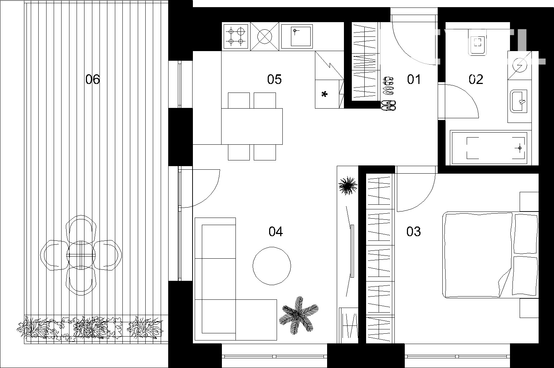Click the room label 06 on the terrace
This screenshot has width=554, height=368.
tap(92, 79)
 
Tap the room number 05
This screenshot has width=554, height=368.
tap(274, 79)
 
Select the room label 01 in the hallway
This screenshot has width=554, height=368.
tap(414, 79)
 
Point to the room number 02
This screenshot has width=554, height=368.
tap(476, 79)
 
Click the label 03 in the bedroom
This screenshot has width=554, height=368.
tap(413, 232)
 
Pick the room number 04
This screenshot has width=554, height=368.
tap(276, 232)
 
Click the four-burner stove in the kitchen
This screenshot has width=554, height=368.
tap(236, 36)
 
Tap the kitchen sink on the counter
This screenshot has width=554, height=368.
tap(297, 36)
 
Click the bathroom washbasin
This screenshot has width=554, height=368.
tap(519, 101)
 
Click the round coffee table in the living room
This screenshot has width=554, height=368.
tap(272, 266)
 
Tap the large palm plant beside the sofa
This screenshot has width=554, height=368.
tap(298, 315)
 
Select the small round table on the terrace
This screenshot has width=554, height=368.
tap(81, 255)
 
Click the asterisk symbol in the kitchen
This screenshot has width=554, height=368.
tap(324, 94)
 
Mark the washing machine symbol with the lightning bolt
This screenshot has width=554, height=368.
tap(520, 65)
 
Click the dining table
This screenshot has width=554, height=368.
tap(252, 126)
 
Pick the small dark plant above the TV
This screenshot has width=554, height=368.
tap(348, 186)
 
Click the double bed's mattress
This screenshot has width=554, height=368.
tap(478, 254)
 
